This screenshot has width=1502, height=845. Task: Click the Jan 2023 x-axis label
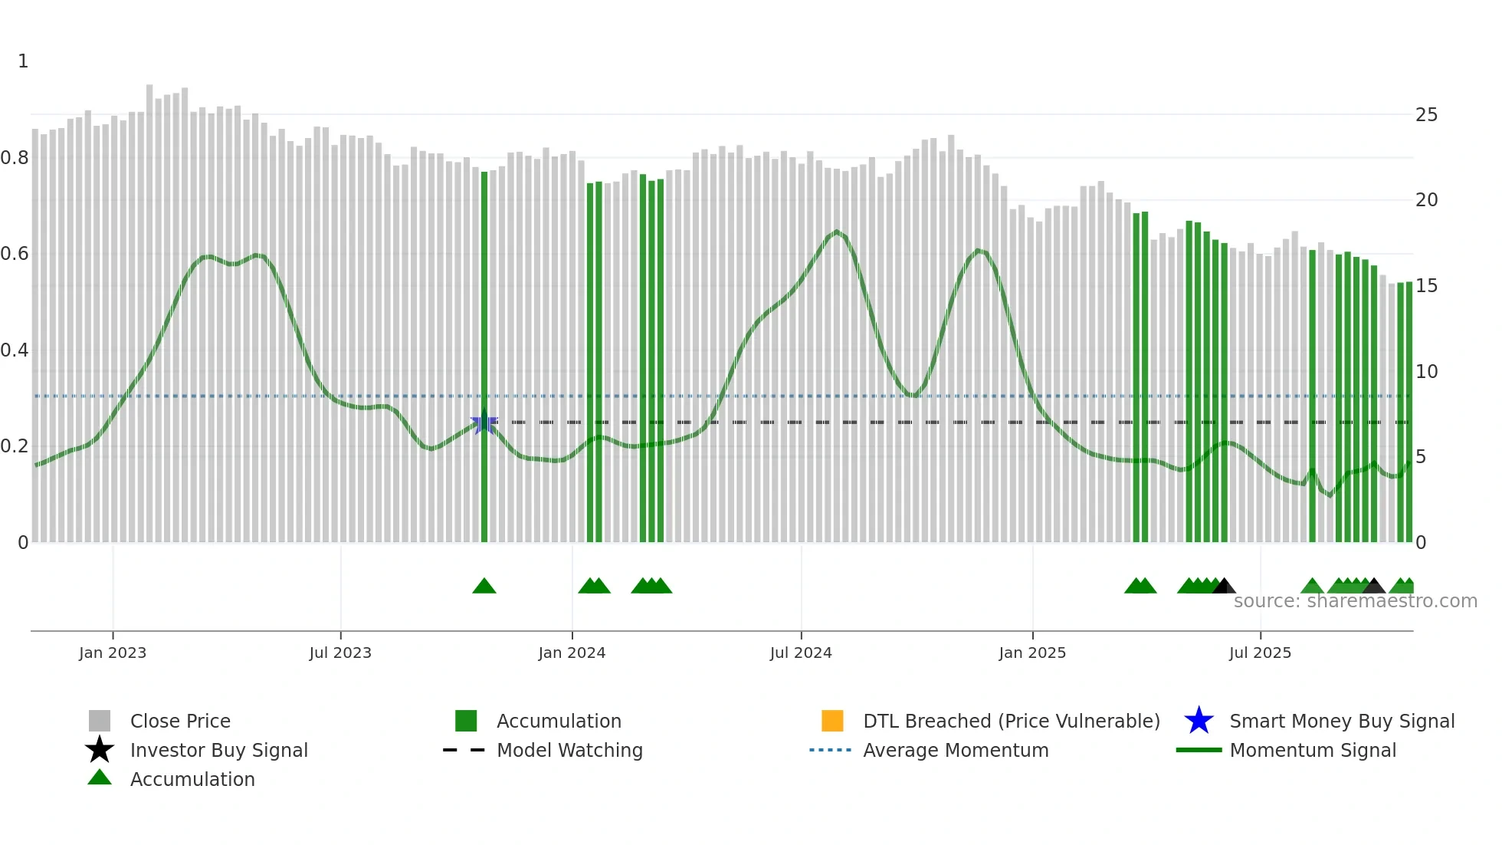click(113, 653)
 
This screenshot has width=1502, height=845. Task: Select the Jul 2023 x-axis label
click(340, 653)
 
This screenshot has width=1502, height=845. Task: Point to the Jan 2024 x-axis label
click(572, 653)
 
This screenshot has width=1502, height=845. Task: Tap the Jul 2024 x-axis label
click(801, 653)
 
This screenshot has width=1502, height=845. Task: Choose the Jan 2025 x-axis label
click(1032, 653)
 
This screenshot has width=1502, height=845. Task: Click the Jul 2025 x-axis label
click(1260, 653)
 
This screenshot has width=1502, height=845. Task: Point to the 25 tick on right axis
click(1426, 115)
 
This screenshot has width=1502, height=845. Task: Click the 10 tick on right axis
click(1426, 372)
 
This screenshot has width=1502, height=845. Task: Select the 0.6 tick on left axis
click(15, 254)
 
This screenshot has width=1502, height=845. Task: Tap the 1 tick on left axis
click(23, 61)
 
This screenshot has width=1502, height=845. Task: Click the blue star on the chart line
click(484, 422)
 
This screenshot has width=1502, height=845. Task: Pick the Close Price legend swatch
click(100, 721)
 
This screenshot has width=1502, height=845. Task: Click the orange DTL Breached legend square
click(832, 721)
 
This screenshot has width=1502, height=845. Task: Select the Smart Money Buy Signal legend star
click(1199, 721)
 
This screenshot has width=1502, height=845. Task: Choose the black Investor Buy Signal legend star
click(100, 750)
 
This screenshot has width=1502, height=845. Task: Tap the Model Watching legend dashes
click(464, 750)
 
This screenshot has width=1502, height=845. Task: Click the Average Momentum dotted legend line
click(831, 750)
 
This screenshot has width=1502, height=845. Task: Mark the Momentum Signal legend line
click(1199, 750)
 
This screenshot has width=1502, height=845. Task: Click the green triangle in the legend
click(100, 778)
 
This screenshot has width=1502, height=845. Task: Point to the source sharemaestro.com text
click(1355, 601)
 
